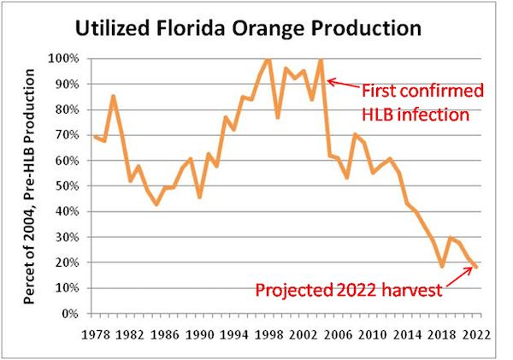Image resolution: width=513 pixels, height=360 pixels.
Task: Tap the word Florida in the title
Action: pos(202,28)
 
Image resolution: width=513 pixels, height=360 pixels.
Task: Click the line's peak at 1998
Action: pos(268,59)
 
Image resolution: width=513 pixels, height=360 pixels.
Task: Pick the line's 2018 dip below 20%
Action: pos(442,266)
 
